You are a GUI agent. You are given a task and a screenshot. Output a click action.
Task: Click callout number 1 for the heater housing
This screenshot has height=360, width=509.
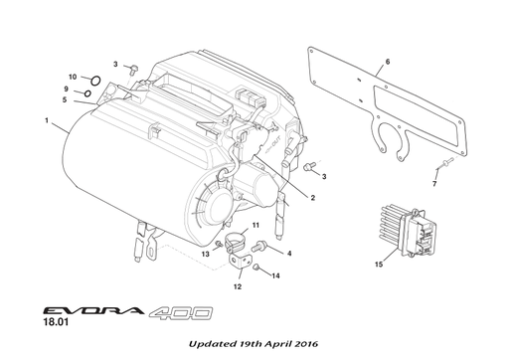(x=47, y=120)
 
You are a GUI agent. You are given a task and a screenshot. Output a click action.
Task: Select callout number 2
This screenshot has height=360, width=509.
(x=313, y=198)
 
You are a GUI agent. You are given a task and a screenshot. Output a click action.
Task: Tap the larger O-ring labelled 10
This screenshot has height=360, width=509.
(x=95, y=81)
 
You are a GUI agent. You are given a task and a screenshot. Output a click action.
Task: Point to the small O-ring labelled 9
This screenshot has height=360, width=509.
(x=87, y=93)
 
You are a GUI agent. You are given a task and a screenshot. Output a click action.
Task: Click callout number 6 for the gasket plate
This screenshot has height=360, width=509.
(x=388, y=62)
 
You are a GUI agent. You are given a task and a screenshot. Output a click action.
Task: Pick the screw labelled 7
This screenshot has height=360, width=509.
(x=444, y=163)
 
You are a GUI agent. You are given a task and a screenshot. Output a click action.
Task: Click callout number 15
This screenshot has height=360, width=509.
(x=379, y=265)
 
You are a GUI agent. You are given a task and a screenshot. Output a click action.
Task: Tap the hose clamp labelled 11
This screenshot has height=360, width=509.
(x=235, y=243)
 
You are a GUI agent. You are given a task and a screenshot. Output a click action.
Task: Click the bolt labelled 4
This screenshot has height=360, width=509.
(x=258, y=247)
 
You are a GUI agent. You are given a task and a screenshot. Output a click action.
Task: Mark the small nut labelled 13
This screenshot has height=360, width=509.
(x=219, y=245)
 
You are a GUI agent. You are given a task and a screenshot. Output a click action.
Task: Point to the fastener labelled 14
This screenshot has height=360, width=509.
(x=256, y=267)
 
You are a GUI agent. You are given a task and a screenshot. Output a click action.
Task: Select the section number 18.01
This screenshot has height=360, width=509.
(x=56, y=322)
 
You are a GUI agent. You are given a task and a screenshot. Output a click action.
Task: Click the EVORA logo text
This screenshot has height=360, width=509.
(x=93, y=310)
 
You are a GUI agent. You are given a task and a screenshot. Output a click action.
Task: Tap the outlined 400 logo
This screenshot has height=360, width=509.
(x=181, y=313)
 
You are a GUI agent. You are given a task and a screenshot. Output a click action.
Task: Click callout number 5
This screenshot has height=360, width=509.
(x=65, y=99)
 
